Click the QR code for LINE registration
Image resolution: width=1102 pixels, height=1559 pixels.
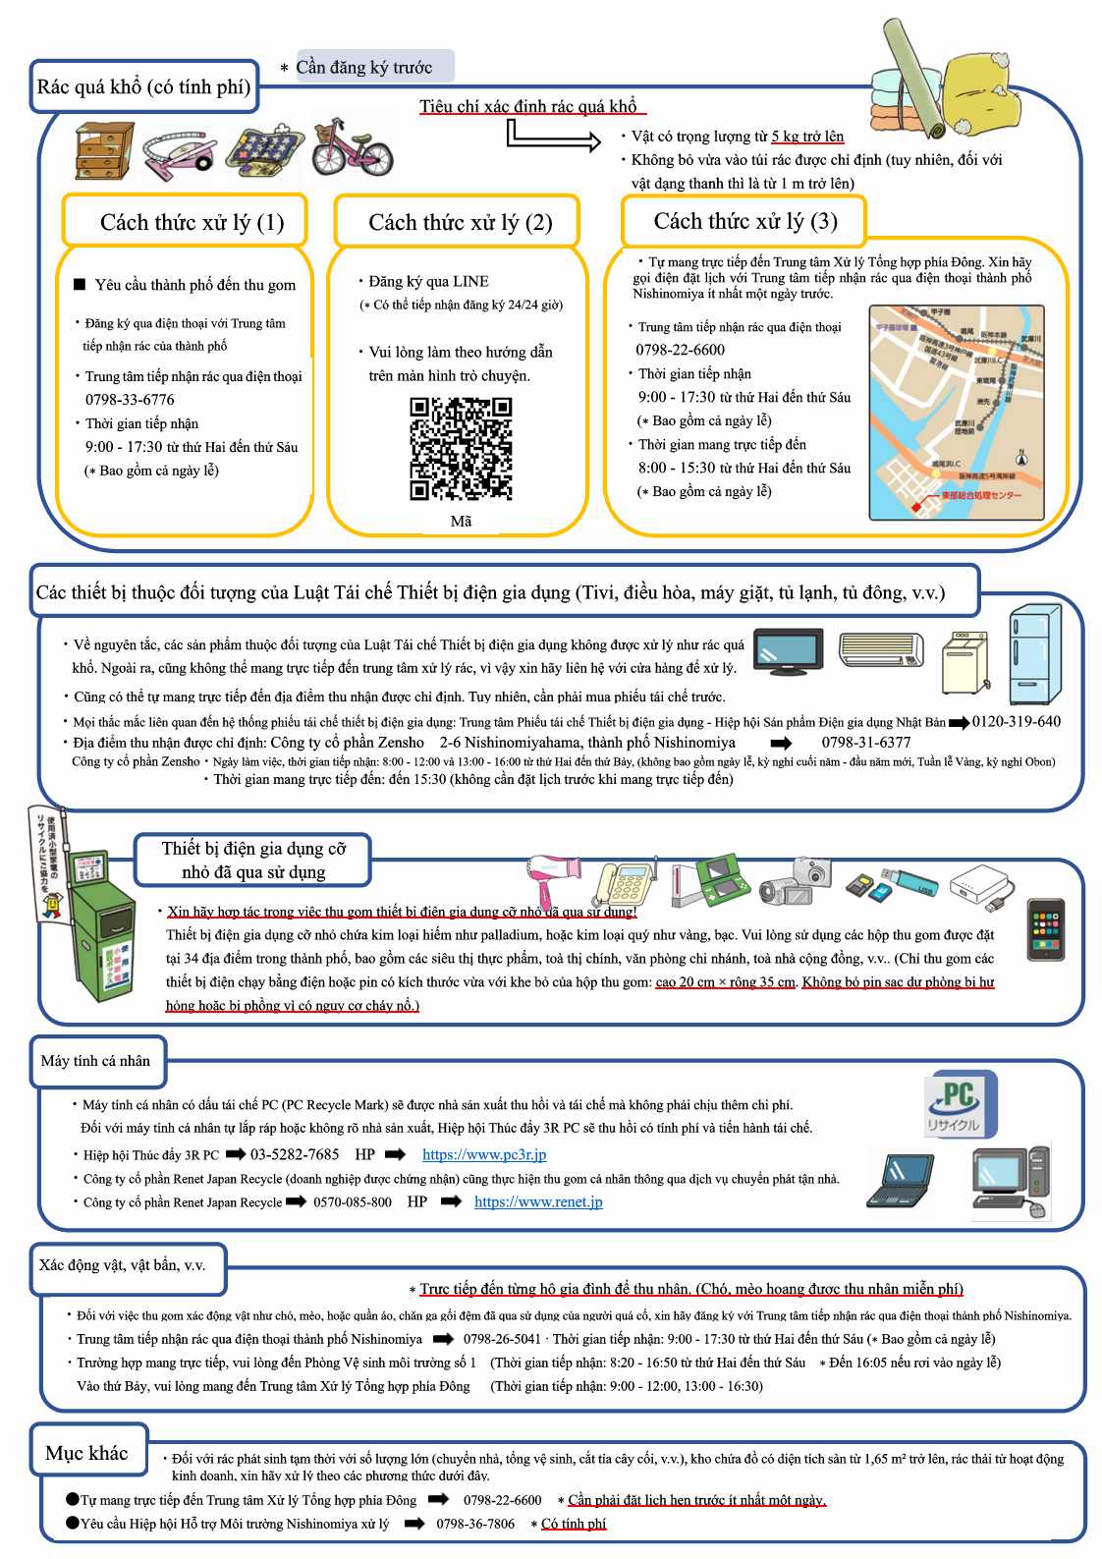tap(461, 449)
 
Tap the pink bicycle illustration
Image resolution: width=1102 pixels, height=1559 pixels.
tap(351, 147)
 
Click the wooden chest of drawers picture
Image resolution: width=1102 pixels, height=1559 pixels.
tap(103, 150)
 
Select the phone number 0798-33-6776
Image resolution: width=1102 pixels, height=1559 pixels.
tap(130, 400)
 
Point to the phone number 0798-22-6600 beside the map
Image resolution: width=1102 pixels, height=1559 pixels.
tap(680, 350)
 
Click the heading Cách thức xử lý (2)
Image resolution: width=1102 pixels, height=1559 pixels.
tap(460, 222)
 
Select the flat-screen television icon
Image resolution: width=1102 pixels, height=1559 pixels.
tap(788, 649)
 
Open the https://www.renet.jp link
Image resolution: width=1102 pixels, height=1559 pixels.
tap(538, 1201)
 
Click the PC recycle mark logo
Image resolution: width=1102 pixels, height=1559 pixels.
tap(959, 1105)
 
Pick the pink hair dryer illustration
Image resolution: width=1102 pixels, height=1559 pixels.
tap(555, 876)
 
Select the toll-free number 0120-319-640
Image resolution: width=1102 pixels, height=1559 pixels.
tap(1016, 722)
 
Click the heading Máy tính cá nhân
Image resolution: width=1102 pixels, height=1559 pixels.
tap(95, 1061)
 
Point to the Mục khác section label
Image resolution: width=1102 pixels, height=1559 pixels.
tap(86, 1453)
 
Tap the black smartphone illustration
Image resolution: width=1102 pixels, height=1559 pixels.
tap(1046, 929)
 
